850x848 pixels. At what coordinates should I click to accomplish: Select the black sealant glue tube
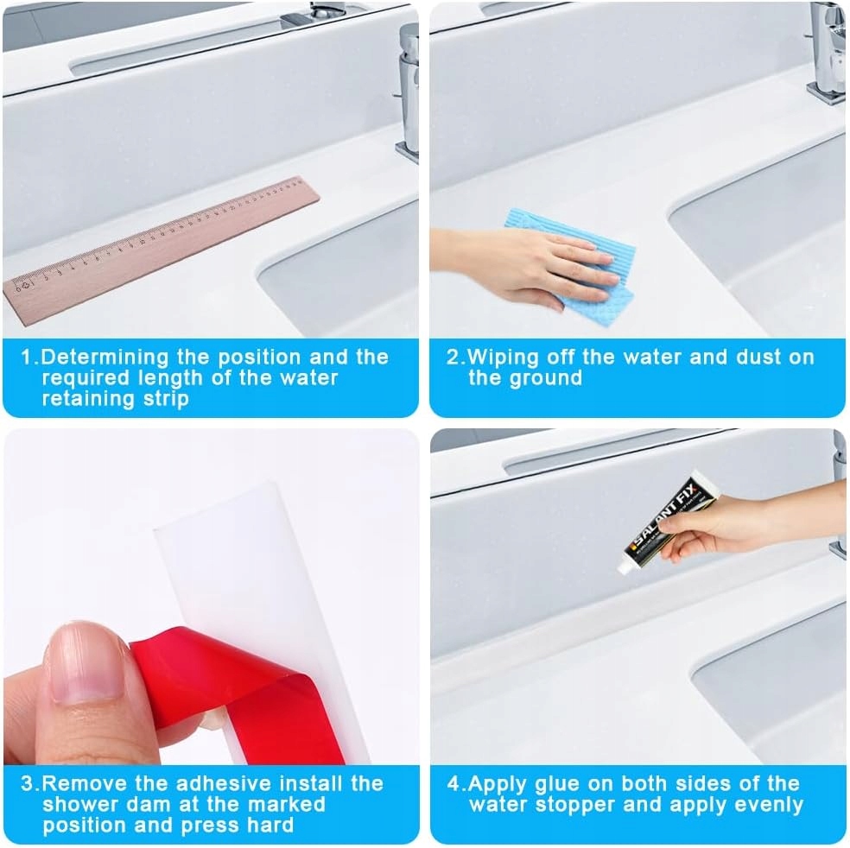(x=668, y=523)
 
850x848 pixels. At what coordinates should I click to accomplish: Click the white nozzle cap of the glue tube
(x=626, y=567)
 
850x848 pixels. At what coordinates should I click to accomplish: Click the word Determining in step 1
(x=105, y=358)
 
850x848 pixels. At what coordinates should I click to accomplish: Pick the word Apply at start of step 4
(x=498, y=785)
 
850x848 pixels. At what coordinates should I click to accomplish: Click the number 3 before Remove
(x=27, y=783)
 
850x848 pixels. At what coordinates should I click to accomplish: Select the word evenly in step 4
(x=766, y=805)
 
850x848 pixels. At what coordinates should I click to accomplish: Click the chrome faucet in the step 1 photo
(x=409, y=92)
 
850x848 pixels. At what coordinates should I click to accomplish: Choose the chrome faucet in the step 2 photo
(x=825, y=52)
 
